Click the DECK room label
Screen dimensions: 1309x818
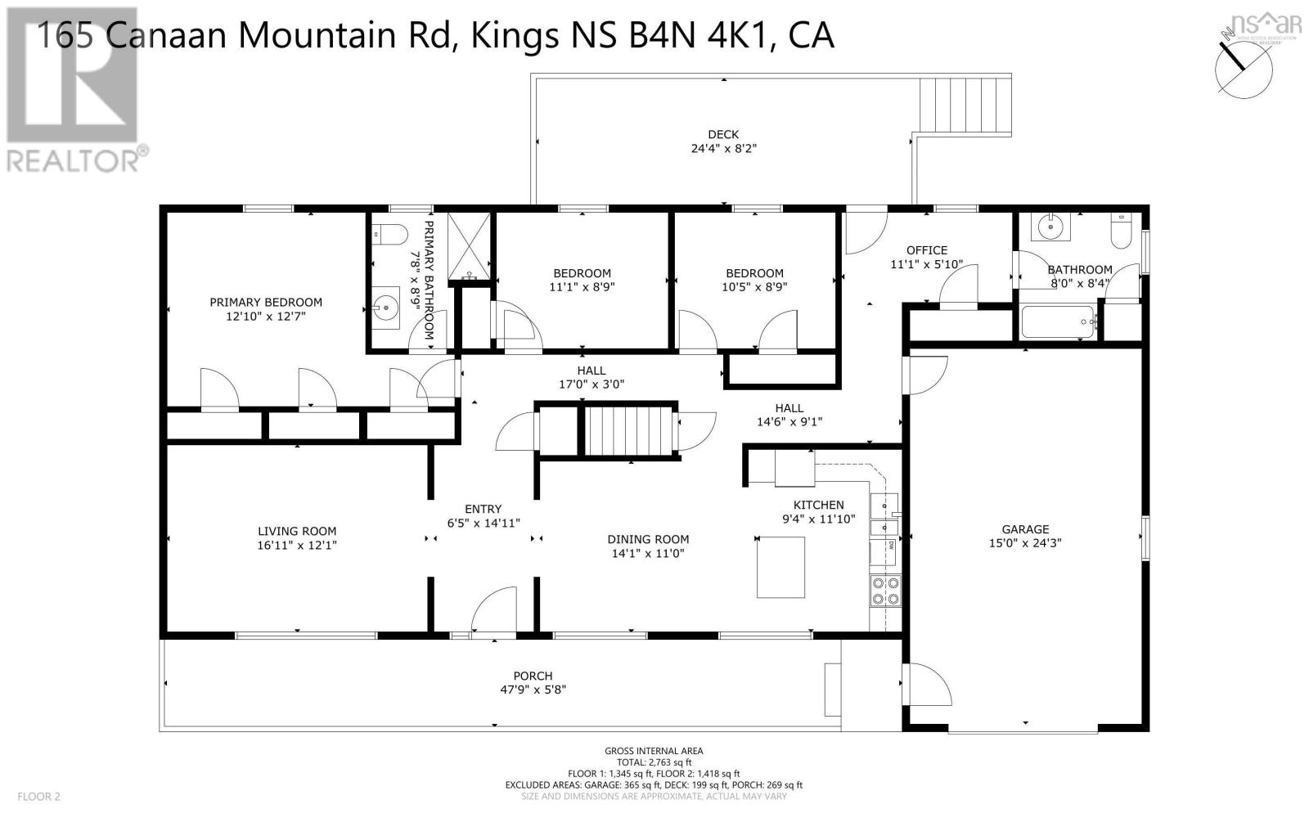(723, 134)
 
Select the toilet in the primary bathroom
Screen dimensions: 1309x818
(389, 236)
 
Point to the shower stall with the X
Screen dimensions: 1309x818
(470, 246)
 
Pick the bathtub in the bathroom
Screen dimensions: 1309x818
(1058, 322)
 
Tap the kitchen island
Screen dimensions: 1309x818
(780, 568)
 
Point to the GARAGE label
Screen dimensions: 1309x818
(1026, 529)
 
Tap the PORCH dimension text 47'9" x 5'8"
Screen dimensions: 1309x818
(533, 690)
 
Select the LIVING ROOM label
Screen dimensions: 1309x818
(297, 531)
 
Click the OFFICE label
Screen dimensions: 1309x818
(927, 250)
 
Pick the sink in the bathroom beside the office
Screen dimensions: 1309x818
(1050, 227)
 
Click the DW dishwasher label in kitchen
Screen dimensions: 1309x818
(891, 546)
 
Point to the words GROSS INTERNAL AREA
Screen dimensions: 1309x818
(654, 752)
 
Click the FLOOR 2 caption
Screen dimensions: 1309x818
(38, 797)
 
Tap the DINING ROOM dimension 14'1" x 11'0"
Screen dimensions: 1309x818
(648, 553)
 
